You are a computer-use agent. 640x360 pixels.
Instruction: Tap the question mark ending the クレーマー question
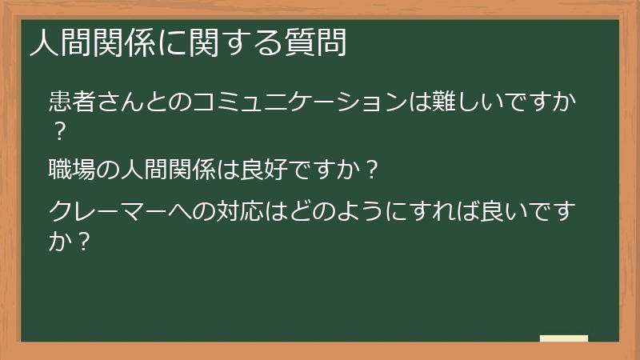pos(81,240)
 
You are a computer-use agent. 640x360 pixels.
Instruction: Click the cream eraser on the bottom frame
pos(564,338)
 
